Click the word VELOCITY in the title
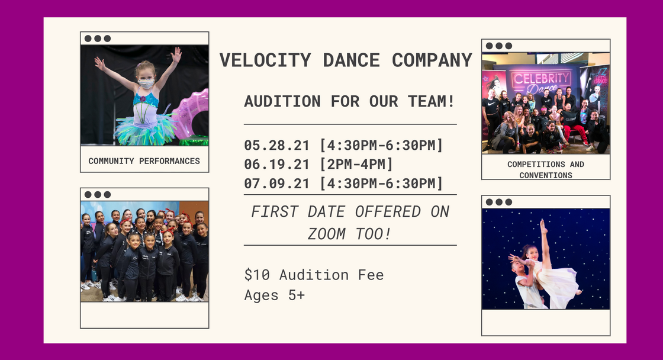point(265,60)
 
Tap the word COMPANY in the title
point(432,60)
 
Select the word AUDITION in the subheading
point(282,101)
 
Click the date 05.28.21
point(276,146)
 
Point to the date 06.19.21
point(276,164)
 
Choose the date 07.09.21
point(276,184)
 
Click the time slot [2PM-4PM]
point(356,164)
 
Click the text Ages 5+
point(275,295)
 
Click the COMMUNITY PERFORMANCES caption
point(144,161)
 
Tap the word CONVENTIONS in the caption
point(546,175)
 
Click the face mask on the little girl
point(146,83)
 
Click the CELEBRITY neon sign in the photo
point(541,79)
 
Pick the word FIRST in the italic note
point(275,211)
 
